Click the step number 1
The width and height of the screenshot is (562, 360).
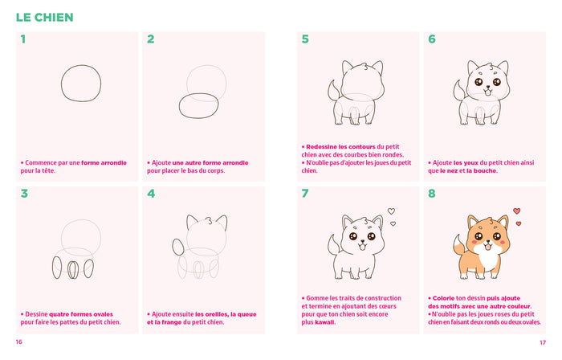pyautogui.click(x=23, y=39)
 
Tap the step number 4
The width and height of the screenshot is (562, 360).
pyautogui.click(x=150, y=193)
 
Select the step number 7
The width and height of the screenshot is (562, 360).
pyautogui.click(x=304, y=193)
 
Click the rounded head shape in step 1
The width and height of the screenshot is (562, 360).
pyautogui.click(x=82, y=84)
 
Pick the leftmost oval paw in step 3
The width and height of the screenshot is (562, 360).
pyautogui.click(x=58, y=268)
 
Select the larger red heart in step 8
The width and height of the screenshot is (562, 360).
pyautogui.click(x=517, y=212)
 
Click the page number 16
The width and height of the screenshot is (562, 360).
pyautogui.click(x=18, y=342)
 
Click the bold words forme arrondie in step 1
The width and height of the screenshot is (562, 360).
pyautogui.click(x=104, y=162)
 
